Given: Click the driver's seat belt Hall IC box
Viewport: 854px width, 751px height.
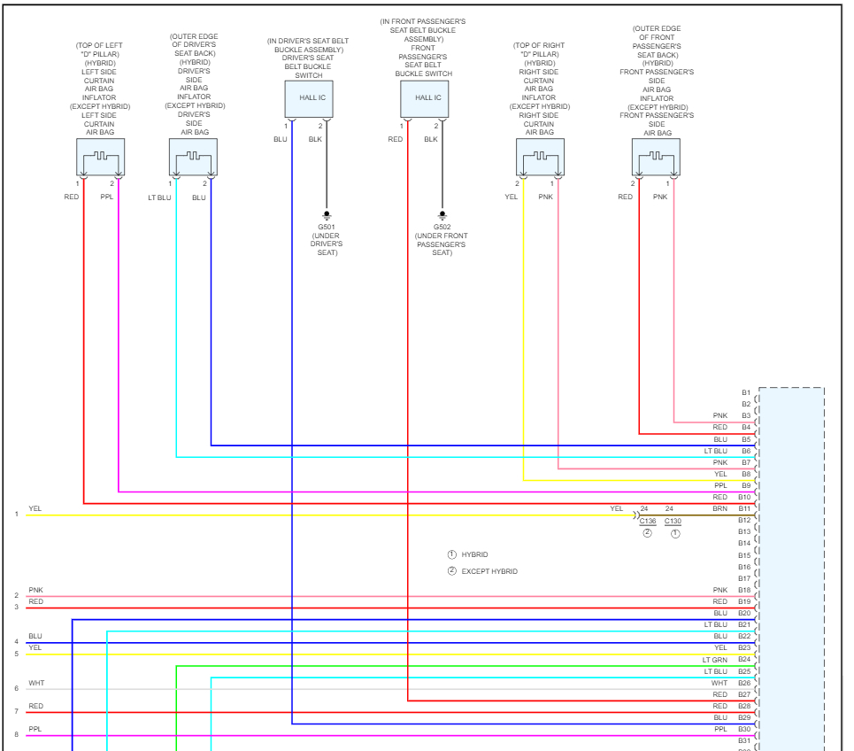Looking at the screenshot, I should click(x=309, y=98).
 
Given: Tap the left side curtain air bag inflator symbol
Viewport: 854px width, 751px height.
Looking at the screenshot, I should click(x=100, y=157).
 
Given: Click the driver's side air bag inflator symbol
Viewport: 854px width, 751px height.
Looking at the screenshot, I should click(x=193, y=157).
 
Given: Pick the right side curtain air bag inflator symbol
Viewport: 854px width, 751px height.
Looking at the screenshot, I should click(x=540, y=157).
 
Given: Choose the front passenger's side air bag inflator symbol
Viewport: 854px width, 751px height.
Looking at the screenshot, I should click(x=656, y=157).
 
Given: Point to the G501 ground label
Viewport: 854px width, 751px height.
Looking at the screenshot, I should click(x=327, y=227).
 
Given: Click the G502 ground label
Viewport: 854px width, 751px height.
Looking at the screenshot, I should click(x=442, y=227).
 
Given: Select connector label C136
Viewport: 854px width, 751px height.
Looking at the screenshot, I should click(x=647, y=522).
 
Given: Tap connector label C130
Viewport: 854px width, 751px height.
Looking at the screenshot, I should click(x=673, y=522).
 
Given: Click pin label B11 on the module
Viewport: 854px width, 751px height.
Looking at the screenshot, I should click(x=744, y=509).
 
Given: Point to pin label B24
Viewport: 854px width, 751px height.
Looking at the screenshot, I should click(x=744, y=660).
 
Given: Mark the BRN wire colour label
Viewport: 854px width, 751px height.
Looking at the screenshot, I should click(x=719, y=509).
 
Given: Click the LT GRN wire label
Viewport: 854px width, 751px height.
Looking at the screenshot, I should click(x=715, y=660).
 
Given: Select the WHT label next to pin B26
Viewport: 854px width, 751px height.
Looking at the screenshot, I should click(x=719, y=683).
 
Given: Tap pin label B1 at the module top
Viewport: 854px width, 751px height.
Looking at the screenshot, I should click(x=746, y=392).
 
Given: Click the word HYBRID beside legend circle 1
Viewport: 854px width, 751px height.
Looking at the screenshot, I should click(x=474, y=554).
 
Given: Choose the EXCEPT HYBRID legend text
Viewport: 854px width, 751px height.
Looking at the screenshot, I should click(x=489, y=571).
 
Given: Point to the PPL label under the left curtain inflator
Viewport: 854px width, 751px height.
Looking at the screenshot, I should click(x=106, y=197).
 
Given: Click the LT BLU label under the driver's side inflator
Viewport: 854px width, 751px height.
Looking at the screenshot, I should click(x=159, y=197).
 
